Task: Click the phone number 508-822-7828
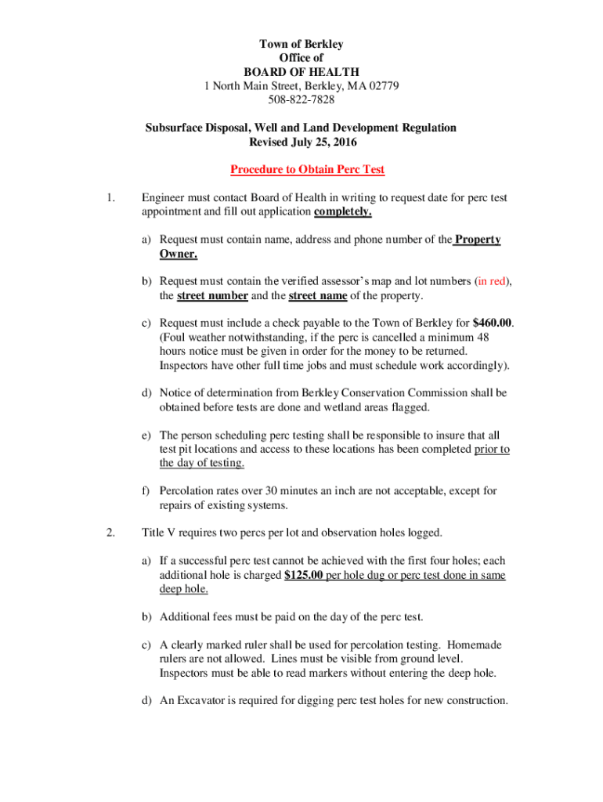[x=301, y=99]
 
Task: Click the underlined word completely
[x=343, y=211]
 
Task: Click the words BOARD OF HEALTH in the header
[x=301, y=72]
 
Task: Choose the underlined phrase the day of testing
[x=202, y=463]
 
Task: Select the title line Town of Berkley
[x=301, y=44]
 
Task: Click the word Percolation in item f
[x=190, y=491]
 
